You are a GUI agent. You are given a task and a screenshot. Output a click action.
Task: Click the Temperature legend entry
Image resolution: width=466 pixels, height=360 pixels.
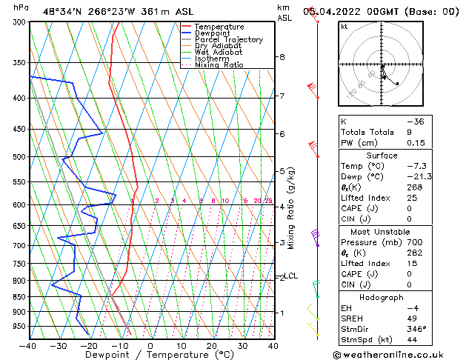(x=219, y=27)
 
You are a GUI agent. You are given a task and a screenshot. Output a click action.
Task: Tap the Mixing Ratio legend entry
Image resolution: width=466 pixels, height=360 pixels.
(x=219, y=65)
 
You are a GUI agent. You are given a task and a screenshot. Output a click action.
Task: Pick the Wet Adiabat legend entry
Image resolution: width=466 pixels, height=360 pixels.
(x=218, y=53)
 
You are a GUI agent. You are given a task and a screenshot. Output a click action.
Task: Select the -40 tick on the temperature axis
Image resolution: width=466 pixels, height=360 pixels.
(x=28, y=345)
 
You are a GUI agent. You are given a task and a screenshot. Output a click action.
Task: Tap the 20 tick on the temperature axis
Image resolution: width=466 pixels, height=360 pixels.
(x=212, y=345)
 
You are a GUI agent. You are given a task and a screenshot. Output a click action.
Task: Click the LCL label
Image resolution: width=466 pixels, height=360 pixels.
(x=291, y=276)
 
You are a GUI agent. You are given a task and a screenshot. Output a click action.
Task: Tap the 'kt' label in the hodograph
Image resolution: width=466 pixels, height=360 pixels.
(x=344, y=27)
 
